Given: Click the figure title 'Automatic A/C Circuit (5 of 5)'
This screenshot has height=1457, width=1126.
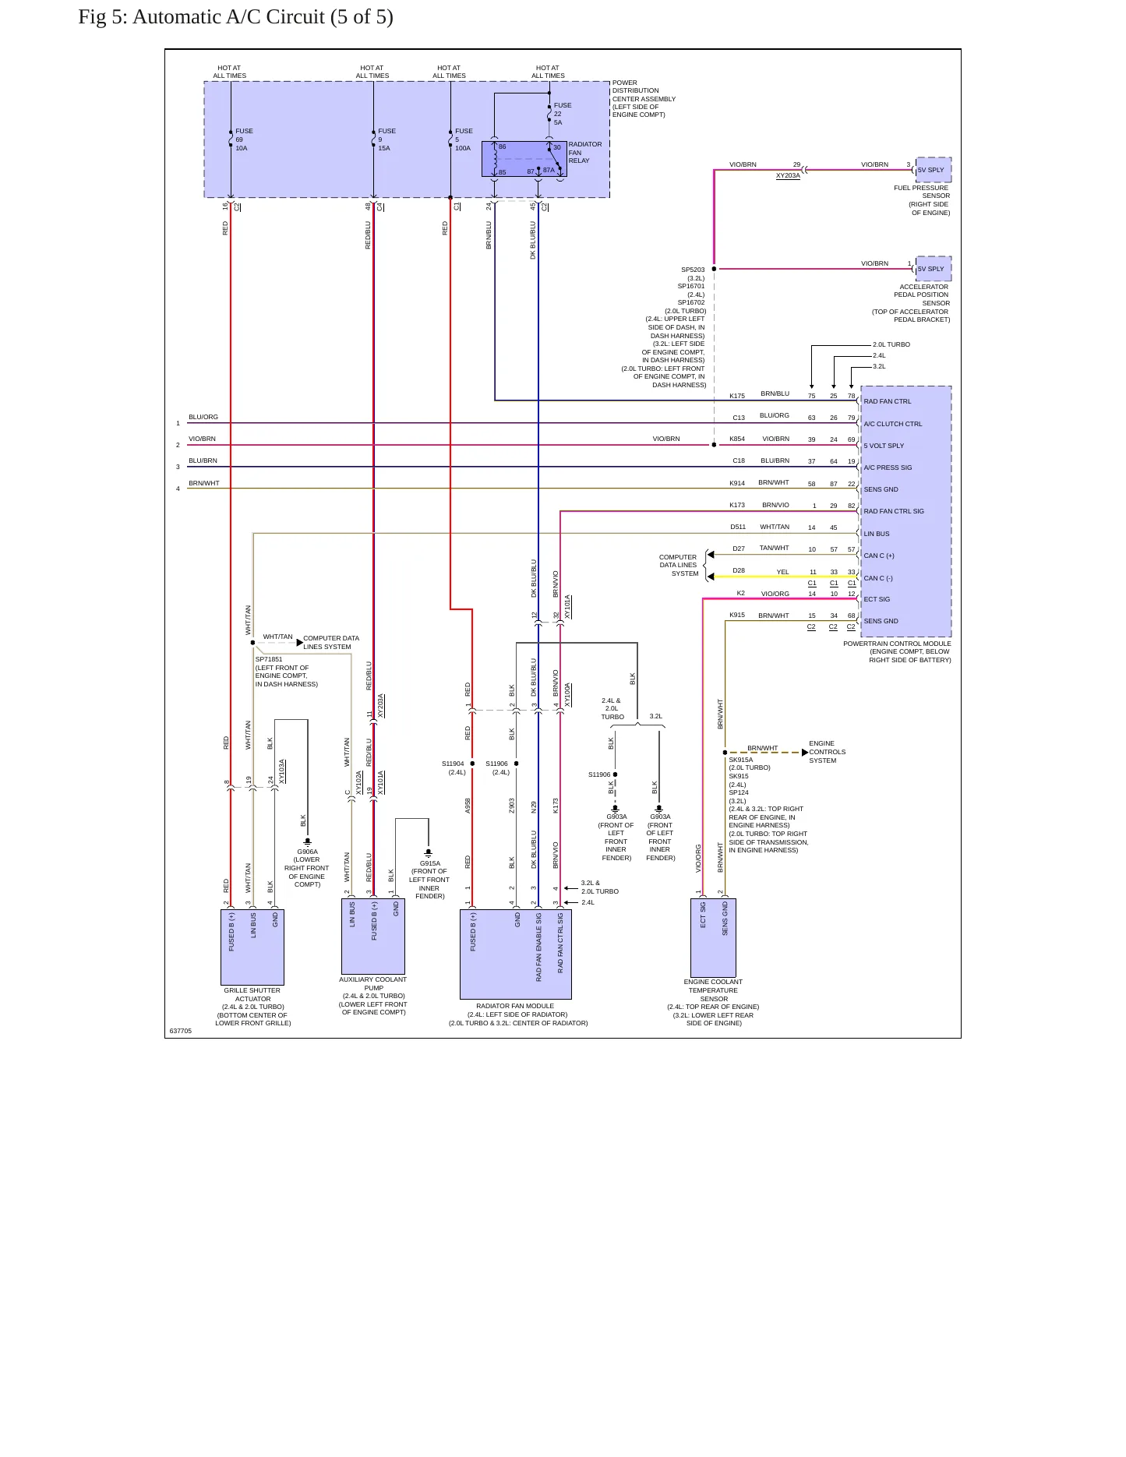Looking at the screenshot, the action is (x=263, y=17).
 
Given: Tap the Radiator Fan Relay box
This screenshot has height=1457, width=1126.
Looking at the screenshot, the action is (x=524, y=159).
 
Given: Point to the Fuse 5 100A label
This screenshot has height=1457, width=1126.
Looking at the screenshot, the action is (x=464, y=139).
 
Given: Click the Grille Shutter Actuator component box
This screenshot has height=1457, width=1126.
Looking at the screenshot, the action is (x=252, y=947).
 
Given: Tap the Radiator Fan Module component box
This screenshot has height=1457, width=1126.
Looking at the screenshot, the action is (x=516, y=954).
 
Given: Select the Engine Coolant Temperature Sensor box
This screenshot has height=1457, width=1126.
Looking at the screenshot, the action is (x=713, y=938).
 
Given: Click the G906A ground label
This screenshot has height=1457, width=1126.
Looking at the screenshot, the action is (x=307, y=852).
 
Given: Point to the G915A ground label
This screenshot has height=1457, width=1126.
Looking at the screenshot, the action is (x=430, y=863).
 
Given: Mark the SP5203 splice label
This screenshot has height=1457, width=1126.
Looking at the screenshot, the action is (x=693, y=270).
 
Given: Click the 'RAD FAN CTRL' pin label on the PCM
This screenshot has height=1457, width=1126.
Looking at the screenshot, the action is (x=888, y=401).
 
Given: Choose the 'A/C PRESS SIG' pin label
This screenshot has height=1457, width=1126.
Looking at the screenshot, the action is (x=888, y=467).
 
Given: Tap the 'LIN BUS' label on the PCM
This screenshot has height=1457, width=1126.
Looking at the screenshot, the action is (x=877, y=534).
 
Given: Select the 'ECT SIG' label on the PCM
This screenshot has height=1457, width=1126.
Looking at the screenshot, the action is (x=877, y=599).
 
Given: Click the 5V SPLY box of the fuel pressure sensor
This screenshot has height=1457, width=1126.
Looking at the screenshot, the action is (x=934, y=170).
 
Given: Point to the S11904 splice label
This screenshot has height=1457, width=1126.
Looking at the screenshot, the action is (x=453, y=764).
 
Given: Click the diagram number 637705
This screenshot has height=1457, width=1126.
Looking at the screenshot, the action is (x=180, y=1031).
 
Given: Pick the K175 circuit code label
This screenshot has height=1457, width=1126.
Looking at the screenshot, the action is (x=737, y=396).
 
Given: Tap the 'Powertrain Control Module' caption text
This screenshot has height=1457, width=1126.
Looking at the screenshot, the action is (x=897, y=644).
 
